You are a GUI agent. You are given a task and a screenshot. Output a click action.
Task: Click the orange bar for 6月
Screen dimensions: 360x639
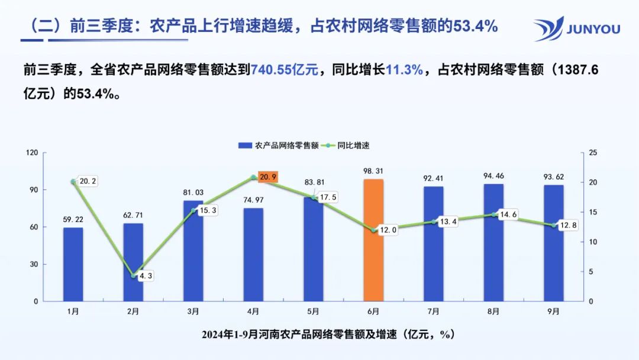point(373,240)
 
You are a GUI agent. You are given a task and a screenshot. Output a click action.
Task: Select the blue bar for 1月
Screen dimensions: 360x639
point(73,264)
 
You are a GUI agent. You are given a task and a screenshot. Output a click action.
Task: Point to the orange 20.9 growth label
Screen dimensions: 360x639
point(267,177)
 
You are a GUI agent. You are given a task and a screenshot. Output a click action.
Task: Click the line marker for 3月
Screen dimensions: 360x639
point(193,210)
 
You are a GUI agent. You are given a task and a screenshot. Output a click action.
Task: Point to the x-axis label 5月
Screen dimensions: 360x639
point(313,311)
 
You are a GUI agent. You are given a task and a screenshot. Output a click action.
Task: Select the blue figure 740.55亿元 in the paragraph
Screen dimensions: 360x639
point(285,70)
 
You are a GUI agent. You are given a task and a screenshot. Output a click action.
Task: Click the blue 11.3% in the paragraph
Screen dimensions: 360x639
point(404,70)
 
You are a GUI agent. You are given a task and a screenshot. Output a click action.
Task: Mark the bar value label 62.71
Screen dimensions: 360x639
point(133,215)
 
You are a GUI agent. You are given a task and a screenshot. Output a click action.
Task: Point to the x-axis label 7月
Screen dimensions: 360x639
point(434,311)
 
